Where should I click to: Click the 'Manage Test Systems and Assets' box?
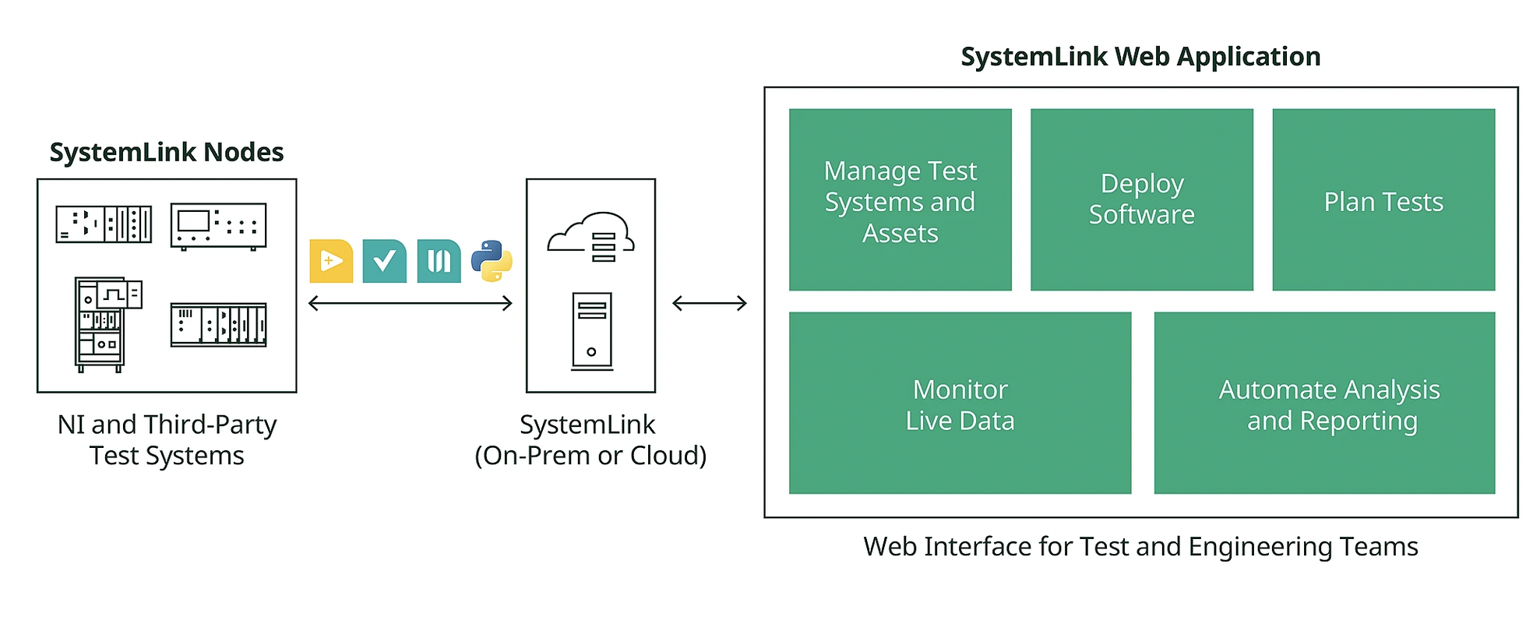click(900, 199)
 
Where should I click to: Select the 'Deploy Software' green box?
click(1141, 199)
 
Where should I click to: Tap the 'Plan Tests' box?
click(1383, 199)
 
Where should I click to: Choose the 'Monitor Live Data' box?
click(960, 403)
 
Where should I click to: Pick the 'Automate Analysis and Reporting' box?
click(1324, 403)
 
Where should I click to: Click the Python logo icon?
click(492, 261)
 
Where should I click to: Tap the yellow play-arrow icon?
click(331, 261)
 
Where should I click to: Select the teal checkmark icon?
click(385, 261)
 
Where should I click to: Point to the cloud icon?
click(590, 236)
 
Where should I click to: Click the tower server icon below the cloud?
click(592, 330)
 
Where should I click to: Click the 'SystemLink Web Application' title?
click(1140, 57)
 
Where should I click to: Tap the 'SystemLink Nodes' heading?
click(167, 152)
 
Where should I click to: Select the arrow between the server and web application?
click(710, 303)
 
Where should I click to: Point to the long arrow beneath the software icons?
click(411, 303)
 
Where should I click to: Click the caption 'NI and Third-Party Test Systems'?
click(167, 440)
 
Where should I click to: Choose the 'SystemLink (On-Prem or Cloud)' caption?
click(590, 440)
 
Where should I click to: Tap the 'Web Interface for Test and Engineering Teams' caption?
click(1140, 547)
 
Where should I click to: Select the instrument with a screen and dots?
click(219, 227)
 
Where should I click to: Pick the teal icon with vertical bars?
click(439, 261)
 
